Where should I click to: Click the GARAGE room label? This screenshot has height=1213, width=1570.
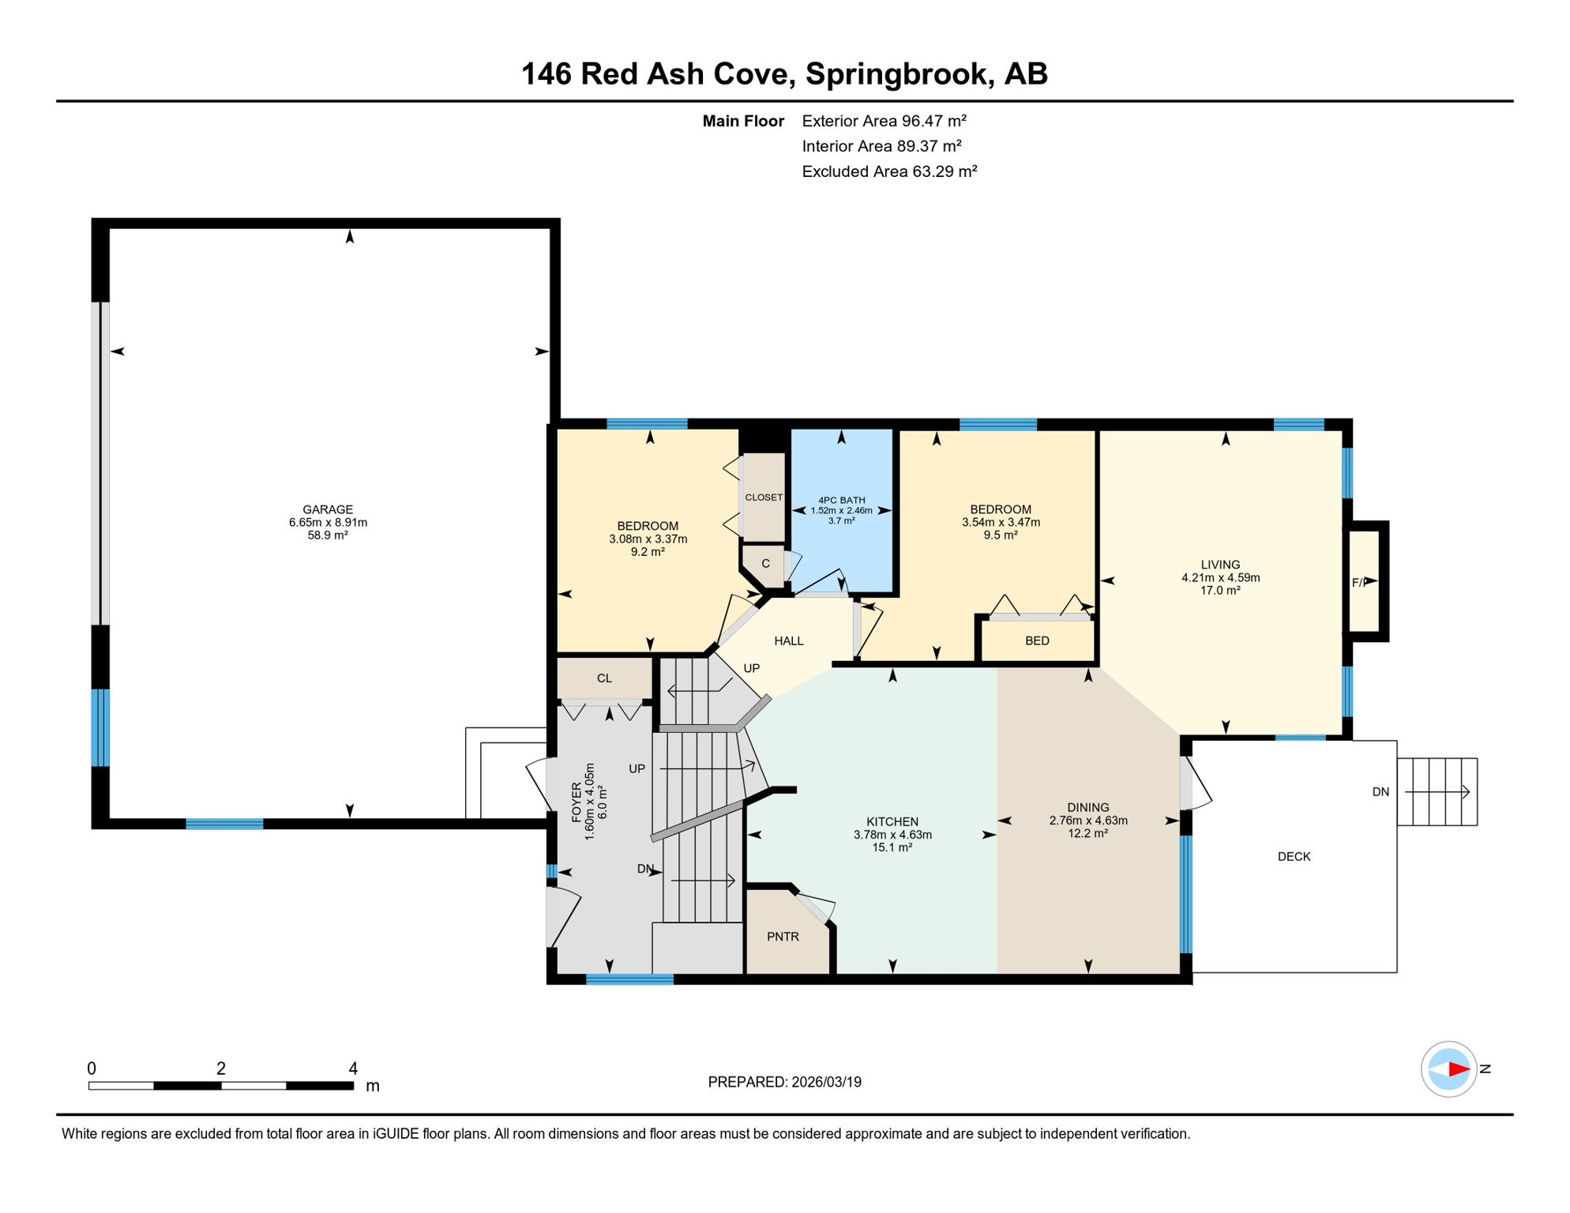pos(328,509)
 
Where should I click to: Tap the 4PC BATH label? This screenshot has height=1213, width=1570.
pos(841,500)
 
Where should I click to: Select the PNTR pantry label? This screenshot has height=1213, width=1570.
pos(783,937)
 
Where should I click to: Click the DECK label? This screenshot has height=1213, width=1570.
pos(1294,856)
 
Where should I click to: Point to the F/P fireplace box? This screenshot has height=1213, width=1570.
pos(1367,582)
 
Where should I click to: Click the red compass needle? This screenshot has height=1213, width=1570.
pos(1459,1069)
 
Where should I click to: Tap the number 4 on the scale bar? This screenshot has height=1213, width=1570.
pos(353,1068)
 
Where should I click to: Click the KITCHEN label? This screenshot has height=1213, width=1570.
pos(892,821)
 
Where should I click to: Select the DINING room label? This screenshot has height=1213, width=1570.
pos(1088,807)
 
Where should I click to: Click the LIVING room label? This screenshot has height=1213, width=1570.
pos(1220,565)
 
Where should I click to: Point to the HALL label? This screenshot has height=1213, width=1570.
pos(789,641)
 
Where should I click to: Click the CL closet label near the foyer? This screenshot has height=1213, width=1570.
pos(604,678)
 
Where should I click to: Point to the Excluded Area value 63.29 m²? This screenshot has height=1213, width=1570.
pos(945,171)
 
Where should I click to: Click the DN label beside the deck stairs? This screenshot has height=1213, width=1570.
pos(1380,792)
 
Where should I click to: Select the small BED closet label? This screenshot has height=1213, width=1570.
pos(1037,640)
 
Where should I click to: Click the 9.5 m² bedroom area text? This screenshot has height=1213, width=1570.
pos(1001,535)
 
